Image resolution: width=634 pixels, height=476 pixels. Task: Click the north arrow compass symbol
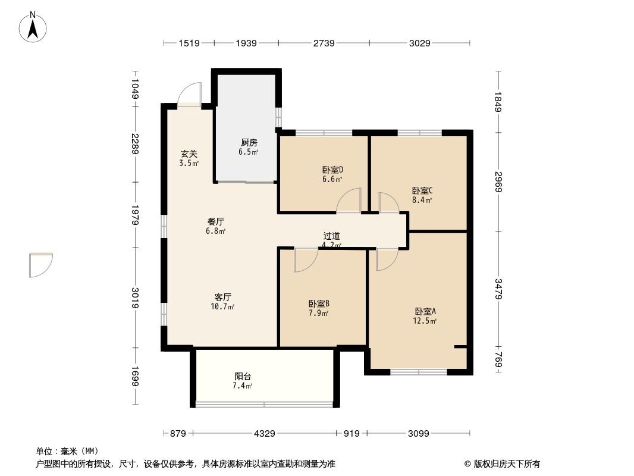[x=33, y=27]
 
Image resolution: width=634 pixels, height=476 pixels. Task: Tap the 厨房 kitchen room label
[x=249, y=142]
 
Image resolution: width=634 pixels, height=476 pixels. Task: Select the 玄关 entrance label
[x=189, y=154]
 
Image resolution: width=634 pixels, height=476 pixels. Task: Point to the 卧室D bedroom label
[x=332, y=170]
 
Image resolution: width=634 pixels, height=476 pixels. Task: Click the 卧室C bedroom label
[x=422, y=190]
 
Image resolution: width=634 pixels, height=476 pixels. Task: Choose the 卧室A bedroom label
[x=425, y=311]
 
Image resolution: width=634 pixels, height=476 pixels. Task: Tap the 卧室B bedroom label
[x=319, y=303]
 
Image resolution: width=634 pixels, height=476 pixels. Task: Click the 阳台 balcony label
[x=243, y=377]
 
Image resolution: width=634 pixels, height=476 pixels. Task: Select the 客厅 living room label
[x=223, y=297]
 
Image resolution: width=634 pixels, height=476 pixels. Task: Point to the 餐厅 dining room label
[x=215, y=221]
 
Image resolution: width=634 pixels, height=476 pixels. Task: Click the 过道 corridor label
[x=331, y=236]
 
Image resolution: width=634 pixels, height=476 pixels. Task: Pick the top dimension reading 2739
[x=324, y=43]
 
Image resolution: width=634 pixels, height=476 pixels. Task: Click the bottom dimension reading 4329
[x=265, y=434]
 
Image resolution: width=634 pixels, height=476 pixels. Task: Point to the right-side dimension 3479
[x=498, y=289]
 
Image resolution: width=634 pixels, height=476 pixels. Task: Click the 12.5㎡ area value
[x=425, y=321]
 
